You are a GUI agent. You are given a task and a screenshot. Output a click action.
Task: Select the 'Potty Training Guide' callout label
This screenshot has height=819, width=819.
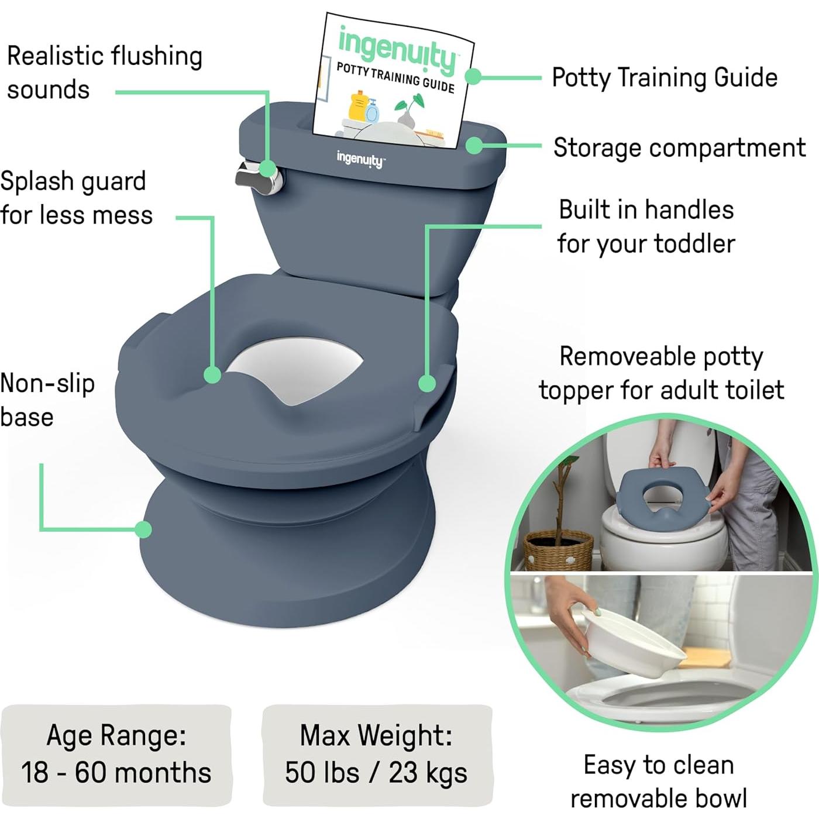pos(665,78)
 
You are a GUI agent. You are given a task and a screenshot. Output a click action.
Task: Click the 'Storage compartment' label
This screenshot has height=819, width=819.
pos(679,148)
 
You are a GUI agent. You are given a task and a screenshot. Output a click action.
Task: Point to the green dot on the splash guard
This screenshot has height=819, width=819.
pos(213,375)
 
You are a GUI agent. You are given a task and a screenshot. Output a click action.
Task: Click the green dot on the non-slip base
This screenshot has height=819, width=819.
pos(143,529)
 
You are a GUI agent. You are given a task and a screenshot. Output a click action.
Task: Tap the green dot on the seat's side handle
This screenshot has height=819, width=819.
pos(428,384)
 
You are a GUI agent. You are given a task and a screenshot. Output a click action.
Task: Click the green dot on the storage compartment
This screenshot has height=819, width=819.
pos(474,145)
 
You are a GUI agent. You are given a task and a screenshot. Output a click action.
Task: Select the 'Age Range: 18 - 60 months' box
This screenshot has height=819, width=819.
pos(116,754)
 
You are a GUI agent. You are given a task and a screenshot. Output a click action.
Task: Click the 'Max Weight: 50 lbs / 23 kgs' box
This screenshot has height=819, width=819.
pos(377,754)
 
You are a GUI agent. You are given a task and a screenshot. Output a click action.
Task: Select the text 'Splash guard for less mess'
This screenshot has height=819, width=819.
pos(76,198)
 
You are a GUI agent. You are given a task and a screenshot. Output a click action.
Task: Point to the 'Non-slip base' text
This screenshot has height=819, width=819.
pos(47,400)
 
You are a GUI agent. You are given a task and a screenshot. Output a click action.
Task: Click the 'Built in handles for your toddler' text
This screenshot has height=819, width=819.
pos(646,226)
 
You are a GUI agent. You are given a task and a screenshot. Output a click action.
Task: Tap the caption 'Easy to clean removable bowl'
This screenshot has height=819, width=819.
pos(659,782)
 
